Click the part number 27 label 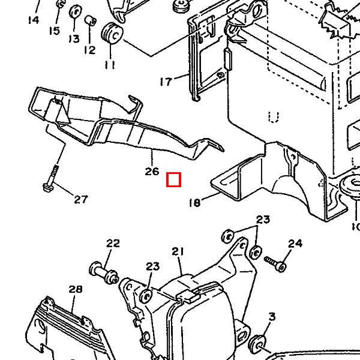coord(81,200)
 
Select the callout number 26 coord(152,172)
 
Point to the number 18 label coord(194,203)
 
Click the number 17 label coord(166,81)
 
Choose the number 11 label coord(109,64)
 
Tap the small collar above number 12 coord(91,22)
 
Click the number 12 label coord(89,50)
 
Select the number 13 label coord(73,38)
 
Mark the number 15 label coord(55,31)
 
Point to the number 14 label coord(32,20)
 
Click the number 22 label coord(113,243)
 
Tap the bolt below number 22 coord(103,271)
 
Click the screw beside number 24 coord(275,263)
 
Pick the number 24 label coord(295,243)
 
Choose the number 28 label coord(75,289)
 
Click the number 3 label coord(271,316)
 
